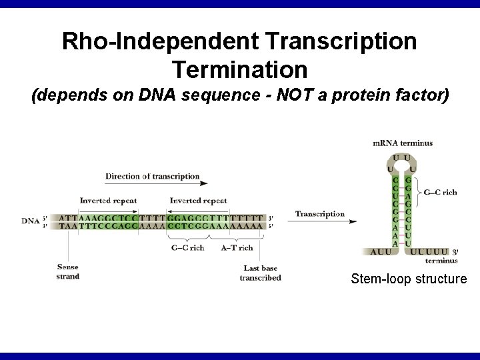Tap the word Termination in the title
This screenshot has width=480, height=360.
coord(240,69)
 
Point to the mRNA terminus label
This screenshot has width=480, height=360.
coord(402,143)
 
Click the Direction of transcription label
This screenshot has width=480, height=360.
coord(152,177)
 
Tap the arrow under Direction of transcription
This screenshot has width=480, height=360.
coord(156,185)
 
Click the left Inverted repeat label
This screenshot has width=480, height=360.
coord(109,201)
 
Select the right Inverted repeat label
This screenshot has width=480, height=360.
coord(199,201)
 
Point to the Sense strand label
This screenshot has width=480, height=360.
coord(68,271)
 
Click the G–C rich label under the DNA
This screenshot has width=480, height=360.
coord(187,248)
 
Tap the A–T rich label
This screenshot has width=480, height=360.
coord(237,248)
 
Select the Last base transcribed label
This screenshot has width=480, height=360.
coord(260,273)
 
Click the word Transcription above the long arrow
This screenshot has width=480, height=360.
coord(320,214)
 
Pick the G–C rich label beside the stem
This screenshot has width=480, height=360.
coord(441,193)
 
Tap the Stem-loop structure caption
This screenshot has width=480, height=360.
coord(409,279)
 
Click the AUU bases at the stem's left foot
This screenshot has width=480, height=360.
coord(381,252)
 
